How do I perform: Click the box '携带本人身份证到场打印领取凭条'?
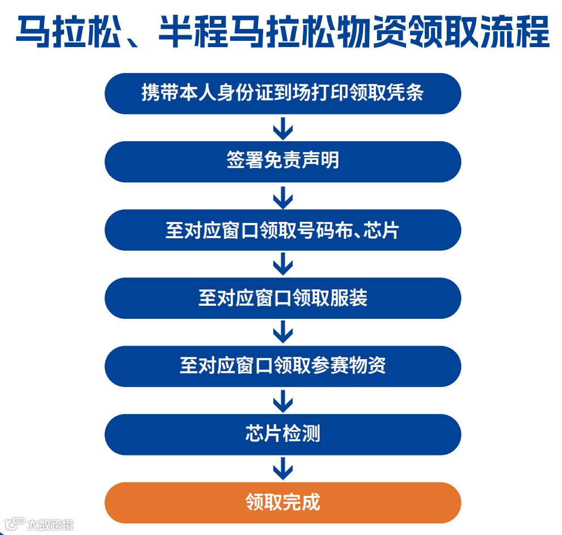click(282, 94)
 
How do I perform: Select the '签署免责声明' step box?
click(282, 162)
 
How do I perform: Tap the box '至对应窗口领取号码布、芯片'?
click(282, 230)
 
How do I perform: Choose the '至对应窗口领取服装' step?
click(282, 298)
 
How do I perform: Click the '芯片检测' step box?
click(282, 435)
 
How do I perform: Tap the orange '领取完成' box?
click(282, 503)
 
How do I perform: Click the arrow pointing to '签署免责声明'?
click(282, 128)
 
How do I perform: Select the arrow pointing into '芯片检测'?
click(282, 401)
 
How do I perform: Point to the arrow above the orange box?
click(282, 469)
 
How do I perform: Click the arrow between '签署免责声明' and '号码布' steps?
click(282, 196)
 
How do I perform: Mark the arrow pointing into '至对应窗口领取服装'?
click(282, 264)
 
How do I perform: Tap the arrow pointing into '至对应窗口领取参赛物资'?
click(282, 332)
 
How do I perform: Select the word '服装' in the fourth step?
click(349, 298)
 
